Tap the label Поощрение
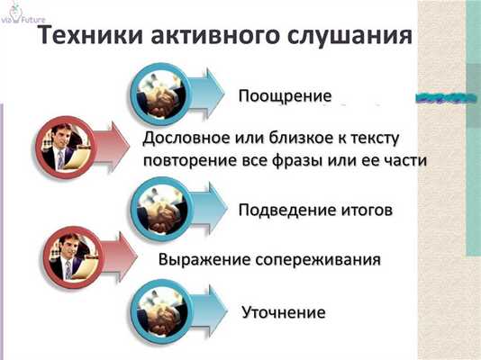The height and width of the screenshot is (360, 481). click(x=286, y=95)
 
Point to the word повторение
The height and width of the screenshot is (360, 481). click(x=188, y=160)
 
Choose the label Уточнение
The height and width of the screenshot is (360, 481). click(x=283, y=312)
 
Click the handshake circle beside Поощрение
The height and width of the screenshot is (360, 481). click(x=162, y=91)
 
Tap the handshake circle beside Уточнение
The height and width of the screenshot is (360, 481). click(x=162, y=309)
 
